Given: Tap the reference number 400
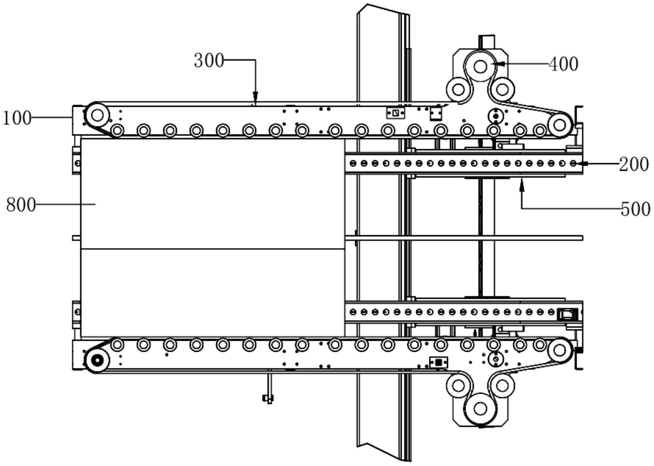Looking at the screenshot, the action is tap(563, 64).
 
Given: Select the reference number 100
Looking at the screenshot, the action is tap(17, 118).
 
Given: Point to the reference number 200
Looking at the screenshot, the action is tap(634, 164).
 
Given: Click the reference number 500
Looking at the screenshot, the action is tap(635, 209).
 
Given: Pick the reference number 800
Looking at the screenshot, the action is tap(20, 205).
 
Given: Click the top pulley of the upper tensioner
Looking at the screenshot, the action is tap(480, 67).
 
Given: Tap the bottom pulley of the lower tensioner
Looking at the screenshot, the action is tap(480, 409).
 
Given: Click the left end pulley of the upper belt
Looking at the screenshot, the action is tap(97, 115).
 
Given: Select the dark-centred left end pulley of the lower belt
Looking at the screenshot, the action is tap(97, 360).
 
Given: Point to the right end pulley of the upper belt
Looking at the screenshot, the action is tap(559, 125).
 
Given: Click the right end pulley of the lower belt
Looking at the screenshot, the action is tap(559, 349).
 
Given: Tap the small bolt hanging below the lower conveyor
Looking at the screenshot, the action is tap(268, 399).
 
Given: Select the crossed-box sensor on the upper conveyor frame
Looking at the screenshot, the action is tap(395, 113).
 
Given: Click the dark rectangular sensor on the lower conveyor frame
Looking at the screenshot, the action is tap(438, 362).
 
